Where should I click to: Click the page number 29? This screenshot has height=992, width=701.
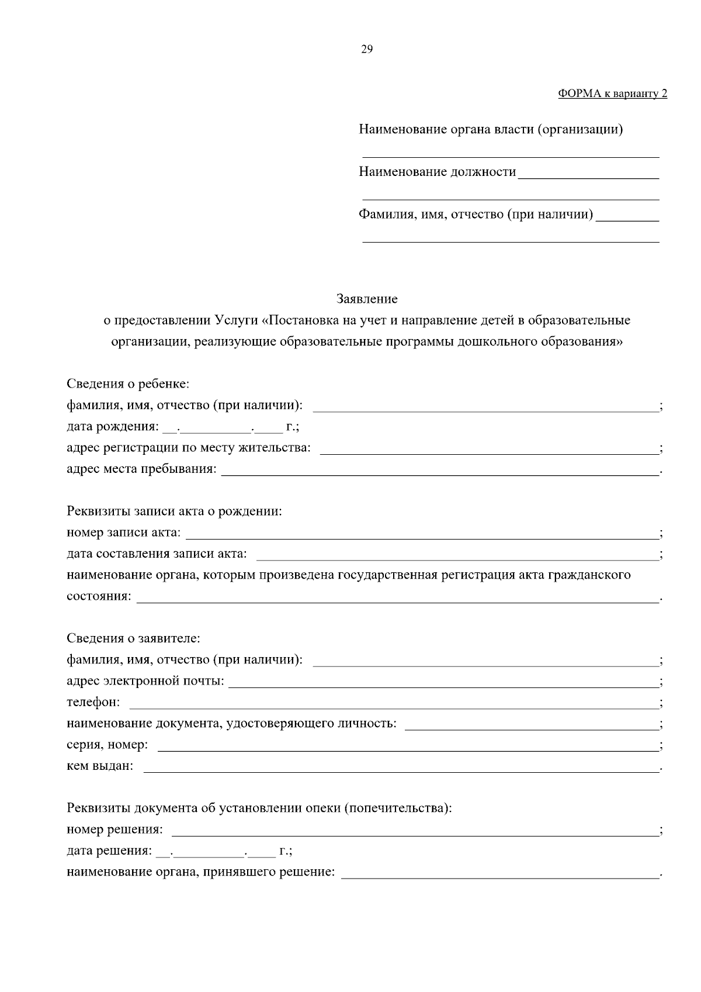point(367,49)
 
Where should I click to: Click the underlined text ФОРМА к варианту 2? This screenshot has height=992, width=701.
point(612,94)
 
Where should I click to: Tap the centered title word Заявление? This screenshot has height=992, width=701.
point(367,299)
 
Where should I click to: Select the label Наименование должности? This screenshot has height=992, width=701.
point(438,172)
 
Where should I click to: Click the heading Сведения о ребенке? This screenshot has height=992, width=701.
point(128,384)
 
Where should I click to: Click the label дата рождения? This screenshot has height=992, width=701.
point(112,427)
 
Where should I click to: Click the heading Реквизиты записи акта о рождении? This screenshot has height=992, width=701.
point(175,511)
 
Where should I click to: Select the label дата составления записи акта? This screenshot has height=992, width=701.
point(157,554)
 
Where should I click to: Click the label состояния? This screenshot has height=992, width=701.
point(99,596)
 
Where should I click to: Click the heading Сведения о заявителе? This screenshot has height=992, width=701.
point(133,638)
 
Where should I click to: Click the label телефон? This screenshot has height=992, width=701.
point(93,702)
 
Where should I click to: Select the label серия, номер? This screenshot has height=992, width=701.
point(107,745)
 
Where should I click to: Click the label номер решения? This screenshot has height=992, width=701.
point(115,829)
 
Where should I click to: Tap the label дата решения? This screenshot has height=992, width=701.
point(110,851)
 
